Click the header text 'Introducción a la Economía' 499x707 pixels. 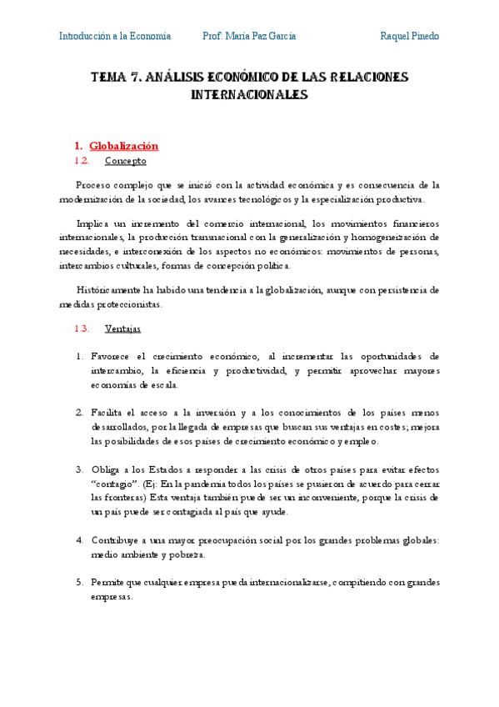(x=115, y=36)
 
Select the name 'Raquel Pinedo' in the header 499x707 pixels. (x=409, y=36)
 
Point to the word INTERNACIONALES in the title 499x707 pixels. (x=249, y=95)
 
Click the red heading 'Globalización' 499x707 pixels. (x=123, y=146)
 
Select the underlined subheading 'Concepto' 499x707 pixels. (x=126, y=161)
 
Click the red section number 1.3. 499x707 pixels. (x=82, y=329)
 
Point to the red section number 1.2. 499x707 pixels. (x=82, y=161)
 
